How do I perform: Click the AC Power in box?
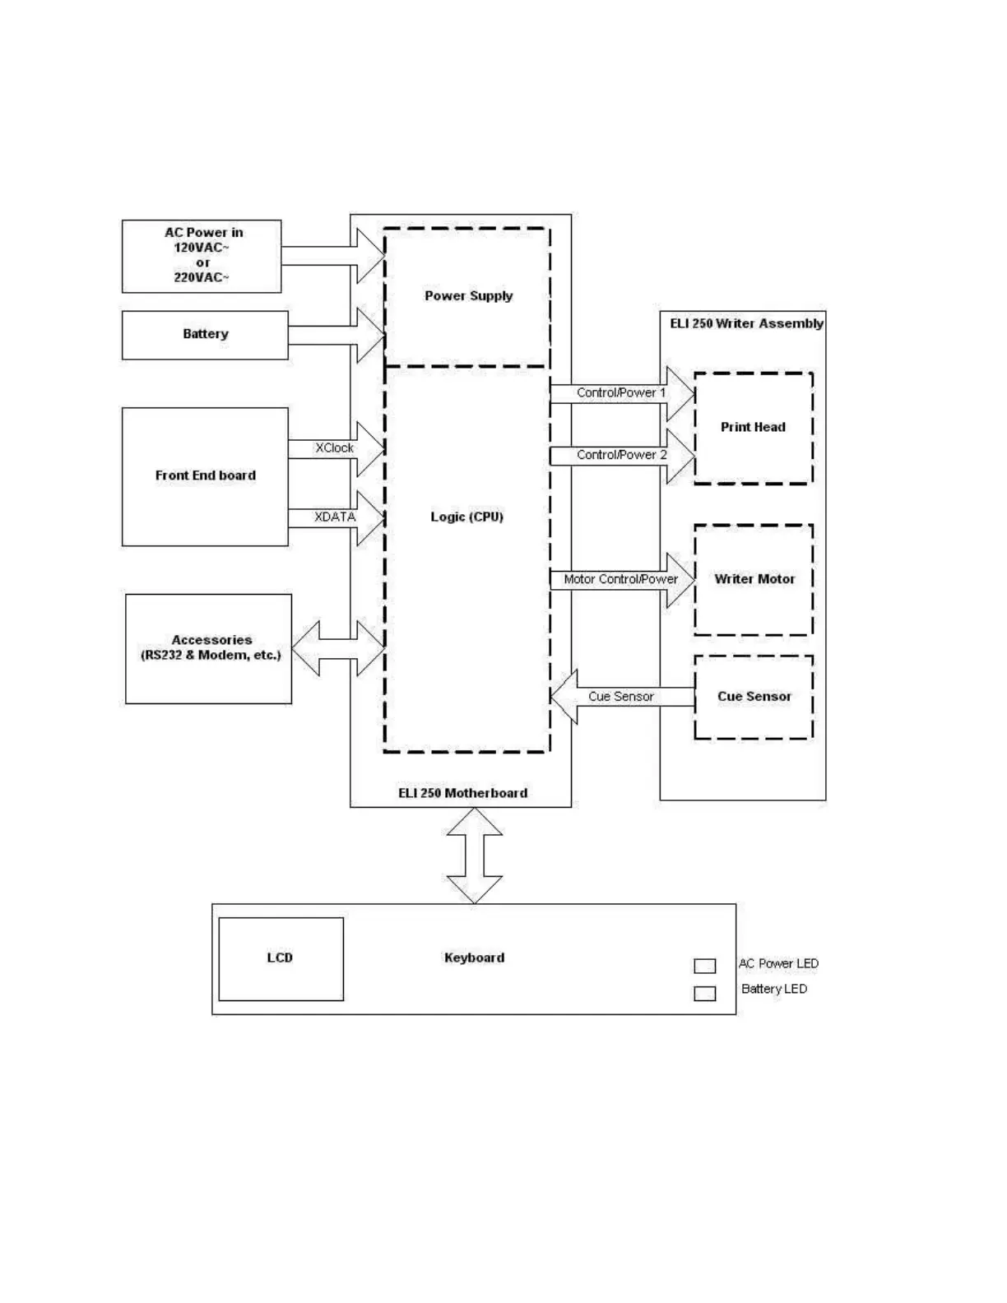coord(202,256)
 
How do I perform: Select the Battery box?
coord(205,335)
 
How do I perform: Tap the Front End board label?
coord(205,475)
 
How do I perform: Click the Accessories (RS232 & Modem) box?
coord(209,648)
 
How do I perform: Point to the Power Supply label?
coord(468,296)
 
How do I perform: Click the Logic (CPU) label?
coord(466,517)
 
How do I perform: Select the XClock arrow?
coord(335,448)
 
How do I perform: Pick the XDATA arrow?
coord(335,517)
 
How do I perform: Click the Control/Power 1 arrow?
coord(621,393)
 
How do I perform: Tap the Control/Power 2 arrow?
coord(621,455)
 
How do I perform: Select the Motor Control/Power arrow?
coord(621,580)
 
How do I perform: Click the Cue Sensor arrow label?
coord(621,697)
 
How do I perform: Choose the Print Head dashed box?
coord(754,428)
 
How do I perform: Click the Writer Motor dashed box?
coord(754,580)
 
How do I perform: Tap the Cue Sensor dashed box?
coord(754,697)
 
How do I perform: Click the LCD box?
coord(281,958)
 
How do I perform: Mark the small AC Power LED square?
coord(705,966)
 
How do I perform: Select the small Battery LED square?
coord(705,994)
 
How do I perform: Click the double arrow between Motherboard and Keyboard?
coord(475,856)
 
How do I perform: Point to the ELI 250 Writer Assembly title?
coord(746,324)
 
